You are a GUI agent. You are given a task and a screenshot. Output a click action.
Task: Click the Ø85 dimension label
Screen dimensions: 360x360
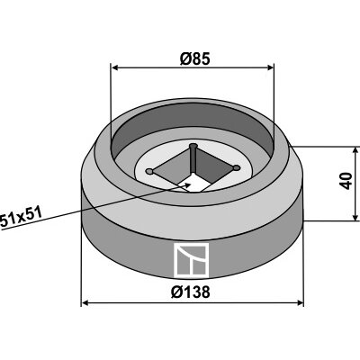tap(194, 59)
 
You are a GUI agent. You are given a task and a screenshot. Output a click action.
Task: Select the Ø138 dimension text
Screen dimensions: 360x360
tap(191, 292)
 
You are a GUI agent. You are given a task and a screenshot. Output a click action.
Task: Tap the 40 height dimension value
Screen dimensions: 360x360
tap(346, 181)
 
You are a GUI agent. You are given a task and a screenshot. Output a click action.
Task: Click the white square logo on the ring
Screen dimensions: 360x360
tap(191, 260)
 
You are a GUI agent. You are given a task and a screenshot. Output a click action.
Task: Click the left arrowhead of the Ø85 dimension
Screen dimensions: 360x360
tap(115, 68)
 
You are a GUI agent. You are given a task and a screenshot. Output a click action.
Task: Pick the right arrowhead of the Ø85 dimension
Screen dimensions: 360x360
tap(270, 67)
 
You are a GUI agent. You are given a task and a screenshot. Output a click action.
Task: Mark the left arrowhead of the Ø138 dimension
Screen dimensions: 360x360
tap(85, 303)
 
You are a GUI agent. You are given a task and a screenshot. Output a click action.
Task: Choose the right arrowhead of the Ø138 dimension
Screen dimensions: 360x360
tap(300, 303)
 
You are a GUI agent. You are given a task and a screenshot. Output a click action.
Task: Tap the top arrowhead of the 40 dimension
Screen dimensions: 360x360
tap(355, 150)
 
